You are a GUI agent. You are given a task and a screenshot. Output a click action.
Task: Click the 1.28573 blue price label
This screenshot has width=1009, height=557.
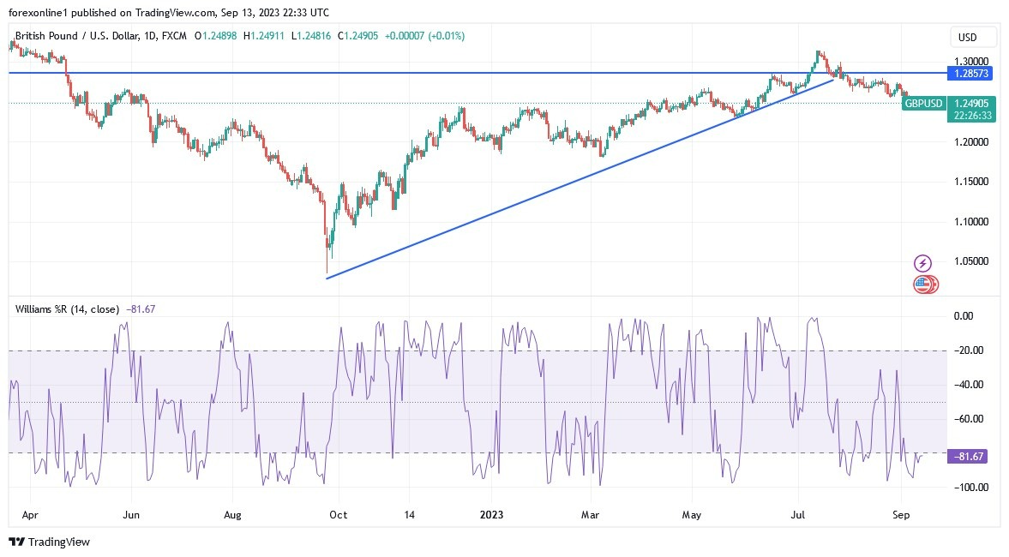(972, 74)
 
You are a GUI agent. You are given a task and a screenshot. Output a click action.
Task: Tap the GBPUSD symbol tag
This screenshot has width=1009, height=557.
(923, 104)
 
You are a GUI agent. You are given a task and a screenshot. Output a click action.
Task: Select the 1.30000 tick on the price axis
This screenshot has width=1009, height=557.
(972, 62)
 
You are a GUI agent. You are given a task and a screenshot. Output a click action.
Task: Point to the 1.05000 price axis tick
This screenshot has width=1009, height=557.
(972, 261)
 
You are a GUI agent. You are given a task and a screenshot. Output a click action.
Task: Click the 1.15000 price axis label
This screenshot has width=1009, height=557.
(972, 182)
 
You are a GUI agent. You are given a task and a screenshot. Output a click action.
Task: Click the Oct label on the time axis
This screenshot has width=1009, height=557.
(338, 515)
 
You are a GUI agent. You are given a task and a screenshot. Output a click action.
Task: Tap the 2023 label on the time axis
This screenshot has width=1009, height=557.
(492, 515)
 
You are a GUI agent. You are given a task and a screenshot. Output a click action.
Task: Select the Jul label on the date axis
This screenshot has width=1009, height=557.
(798, 515)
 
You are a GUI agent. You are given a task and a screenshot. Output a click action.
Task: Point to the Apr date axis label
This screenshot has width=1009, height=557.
(30, 515)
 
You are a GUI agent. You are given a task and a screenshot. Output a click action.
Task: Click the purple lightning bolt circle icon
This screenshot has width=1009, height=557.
(922, 263)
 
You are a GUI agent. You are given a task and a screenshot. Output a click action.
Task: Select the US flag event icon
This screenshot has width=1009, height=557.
(923, 284)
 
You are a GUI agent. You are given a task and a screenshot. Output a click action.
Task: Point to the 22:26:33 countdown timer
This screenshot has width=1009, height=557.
(972, 115)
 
